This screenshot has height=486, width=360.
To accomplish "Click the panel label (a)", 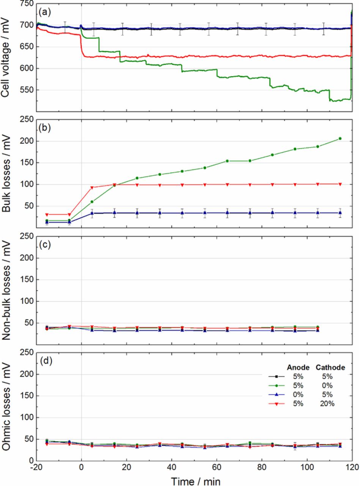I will [44, 12].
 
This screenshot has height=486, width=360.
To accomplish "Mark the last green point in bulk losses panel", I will [340, 139].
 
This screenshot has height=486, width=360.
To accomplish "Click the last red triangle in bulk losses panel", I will [340, 184].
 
